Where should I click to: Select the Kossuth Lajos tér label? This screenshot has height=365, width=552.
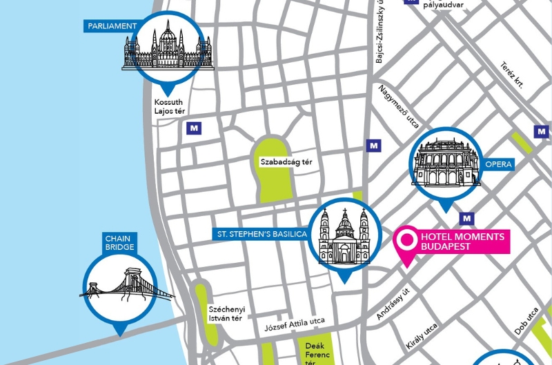coord(170,107)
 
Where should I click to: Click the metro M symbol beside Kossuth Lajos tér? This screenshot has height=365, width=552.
coord(195,128)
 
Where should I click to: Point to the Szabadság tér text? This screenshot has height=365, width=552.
coord(286,163)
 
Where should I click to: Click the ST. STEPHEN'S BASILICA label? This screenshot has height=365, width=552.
coord(259,235)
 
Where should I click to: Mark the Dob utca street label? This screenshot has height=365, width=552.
coord(527,322)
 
